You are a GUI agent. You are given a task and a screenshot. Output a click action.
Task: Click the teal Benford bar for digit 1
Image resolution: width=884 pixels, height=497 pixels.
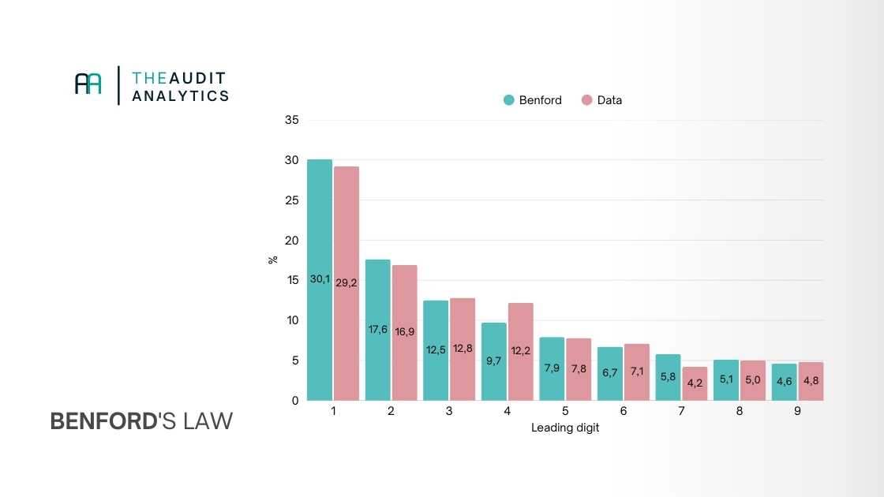[320, 237]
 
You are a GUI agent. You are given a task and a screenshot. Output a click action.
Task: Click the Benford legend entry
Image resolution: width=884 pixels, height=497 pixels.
[533, 100]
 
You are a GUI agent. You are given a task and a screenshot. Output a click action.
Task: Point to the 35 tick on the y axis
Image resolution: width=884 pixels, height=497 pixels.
[292, 120]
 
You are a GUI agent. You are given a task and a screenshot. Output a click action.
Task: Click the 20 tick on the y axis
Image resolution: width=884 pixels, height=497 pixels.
[292, 240]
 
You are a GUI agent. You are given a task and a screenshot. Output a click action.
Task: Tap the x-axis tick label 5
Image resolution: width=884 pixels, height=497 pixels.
[565, 412]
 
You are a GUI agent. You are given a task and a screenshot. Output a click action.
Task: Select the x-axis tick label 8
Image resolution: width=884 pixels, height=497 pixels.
[739, 412]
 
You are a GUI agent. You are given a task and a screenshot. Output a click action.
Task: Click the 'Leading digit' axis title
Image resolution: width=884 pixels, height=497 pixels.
[565, 428]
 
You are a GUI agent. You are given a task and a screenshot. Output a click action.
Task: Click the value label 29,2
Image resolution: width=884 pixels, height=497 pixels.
[346, 282]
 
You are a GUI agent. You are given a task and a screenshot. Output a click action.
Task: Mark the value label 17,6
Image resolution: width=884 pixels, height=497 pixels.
[378, 330]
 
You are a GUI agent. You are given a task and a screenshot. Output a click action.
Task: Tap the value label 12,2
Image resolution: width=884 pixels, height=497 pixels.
[520, 349]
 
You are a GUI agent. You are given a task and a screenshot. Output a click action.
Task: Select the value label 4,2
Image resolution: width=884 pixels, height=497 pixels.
[695, 383]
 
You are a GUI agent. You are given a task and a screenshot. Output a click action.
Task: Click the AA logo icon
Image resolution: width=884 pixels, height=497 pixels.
[88, 84]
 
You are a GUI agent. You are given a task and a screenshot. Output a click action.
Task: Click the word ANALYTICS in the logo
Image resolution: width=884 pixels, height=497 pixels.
[181, 95]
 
